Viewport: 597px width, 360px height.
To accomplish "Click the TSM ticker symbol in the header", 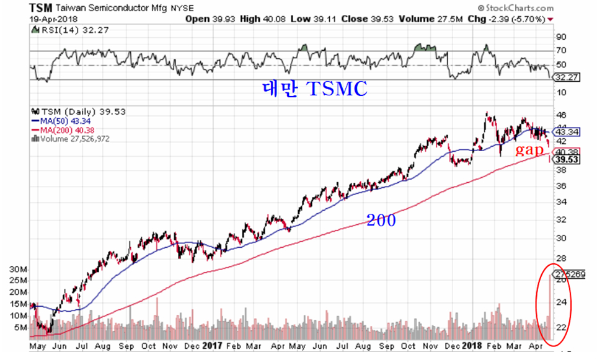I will coord(40,8).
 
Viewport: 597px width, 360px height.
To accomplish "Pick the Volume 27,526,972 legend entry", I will coord(70,139).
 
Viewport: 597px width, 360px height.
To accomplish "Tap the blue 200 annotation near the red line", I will coord(381,219).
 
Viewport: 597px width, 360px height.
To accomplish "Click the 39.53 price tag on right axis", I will coord(567,160).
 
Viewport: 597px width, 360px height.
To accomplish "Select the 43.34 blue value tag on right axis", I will coord(567,132).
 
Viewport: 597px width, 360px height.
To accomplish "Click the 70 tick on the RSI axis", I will coord(560,51).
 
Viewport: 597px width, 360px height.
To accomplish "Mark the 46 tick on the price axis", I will coord(560,115).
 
